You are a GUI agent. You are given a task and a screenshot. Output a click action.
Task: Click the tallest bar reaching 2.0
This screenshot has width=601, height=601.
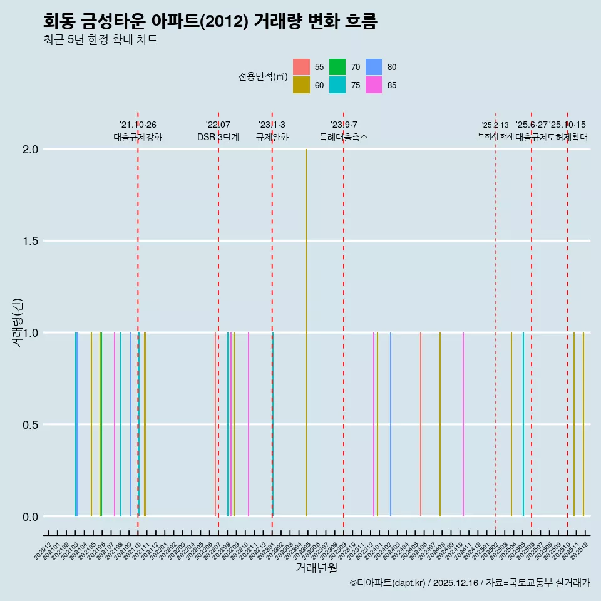click(x=306, y=332)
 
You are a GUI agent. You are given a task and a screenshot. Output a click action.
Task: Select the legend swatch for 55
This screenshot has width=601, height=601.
click(x=301, y=67)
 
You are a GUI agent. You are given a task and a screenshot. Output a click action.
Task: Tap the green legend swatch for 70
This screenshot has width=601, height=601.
click(x=337, y=67)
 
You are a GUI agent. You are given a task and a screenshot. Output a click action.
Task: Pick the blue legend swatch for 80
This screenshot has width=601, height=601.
click(x=374, y=67)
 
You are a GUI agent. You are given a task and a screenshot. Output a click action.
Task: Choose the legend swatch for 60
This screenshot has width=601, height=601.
click(x=301, y=85)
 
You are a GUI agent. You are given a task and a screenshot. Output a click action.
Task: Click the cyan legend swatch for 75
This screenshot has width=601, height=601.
click(x=337, y=85)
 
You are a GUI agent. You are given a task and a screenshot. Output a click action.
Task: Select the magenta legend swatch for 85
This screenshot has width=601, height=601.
click(x=374, y=85)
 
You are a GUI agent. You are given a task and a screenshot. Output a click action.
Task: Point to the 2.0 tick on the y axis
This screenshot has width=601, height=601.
click(x=31, y=150)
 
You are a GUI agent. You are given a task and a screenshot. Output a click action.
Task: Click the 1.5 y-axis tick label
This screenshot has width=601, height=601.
click(x=31, y=242)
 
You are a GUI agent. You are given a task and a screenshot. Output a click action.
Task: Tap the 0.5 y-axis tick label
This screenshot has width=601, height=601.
click(x=31, y=425)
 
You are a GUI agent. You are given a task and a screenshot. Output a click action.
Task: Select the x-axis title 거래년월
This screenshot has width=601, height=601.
click(x=317, y=568)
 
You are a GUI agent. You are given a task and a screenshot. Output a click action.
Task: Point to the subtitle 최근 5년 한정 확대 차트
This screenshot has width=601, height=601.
click(x=100, y=40)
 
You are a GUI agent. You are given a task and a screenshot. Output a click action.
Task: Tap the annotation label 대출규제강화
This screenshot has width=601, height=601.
click(x=138, y=138)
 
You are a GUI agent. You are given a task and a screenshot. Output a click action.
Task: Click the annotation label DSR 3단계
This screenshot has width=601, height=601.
click(x=218, y=138)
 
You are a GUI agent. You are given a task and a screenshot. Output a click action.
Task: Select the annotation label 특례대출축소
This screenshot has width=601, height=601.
click(x=344, y=138)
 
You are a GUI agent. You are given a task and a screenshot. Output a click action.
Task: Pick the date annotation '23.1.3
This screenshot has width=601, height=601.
click(x=272, y=125)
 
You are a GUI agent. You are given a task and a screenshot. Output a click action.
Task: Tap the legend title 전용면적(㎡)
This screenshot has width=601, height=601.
click(x=263, y=76)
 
